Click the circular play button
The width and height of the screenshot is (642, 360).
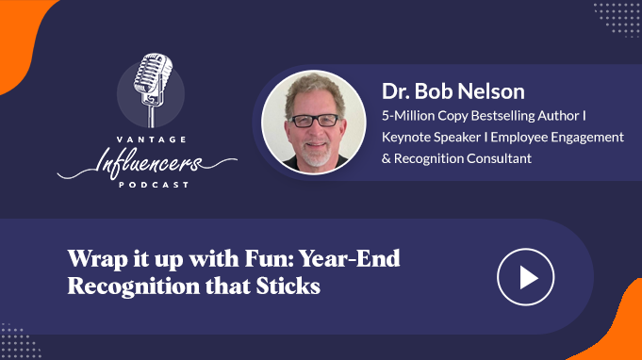tap(526, 277)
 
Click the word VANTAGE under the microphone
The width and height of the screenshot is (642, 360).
tap(152, 139)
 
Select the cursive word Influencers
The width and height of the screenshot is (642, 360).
tap(147, 163)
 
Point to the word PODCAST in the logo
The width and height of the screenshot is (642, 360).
tap(154, 185)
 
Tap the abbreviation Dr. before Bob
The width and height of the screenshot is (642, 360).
tap(396, 90)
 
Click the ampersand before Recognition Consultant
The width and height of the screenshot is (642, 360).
tap(387, 158)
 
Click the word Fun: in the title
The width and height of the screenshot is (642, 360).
tap(270, 258)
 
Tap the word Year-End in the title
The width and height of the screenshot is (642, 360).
tap(349, 258)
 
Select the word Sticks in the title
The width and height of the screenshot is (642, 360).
tap(288, 286)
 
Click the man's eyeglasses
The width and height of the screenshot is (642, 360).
tap(315, 121)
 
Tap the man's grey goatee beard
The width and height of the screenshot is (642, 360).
tap(315, 155)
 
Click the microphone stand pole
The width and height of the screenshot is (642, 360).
tap(152, 117)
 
